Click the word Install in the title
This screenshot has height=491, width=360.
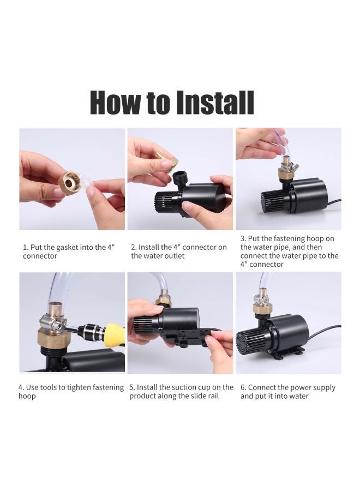click(215, 103)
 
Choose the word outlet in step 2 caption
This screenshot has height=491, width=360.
click(174, 256)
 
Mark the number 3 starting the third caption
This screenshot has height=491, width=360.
click(242, 238)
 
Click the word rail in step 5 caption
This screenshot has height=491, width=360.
click(212, 396)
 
